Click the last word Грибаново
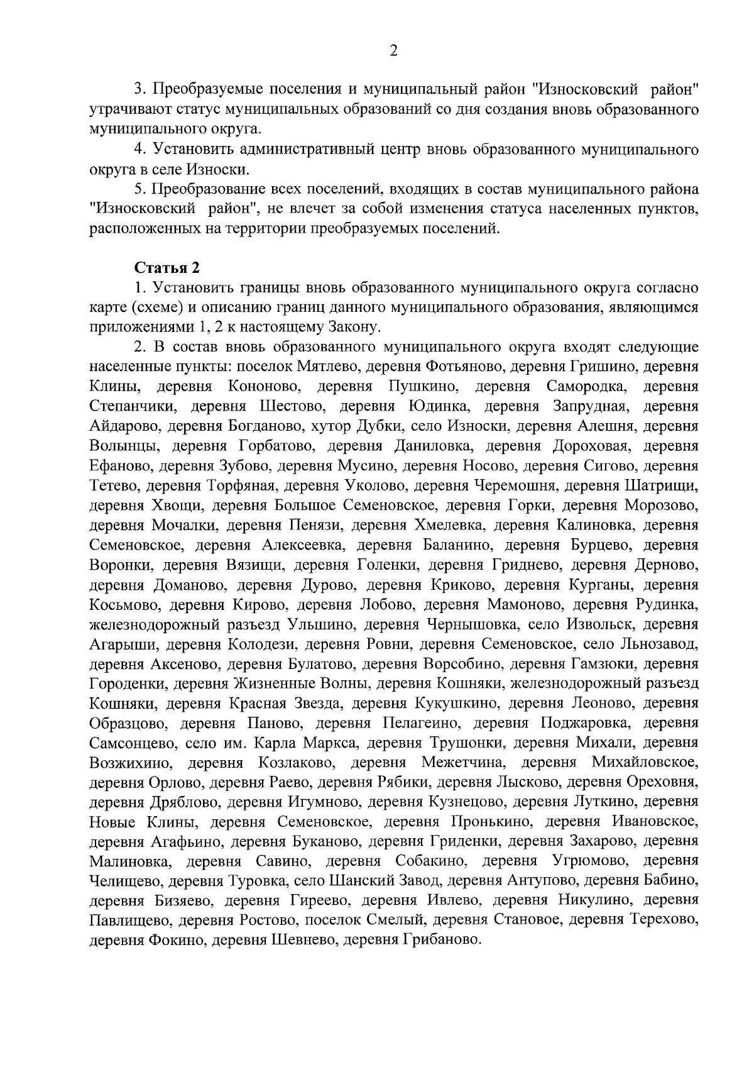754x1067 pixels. pyautogui.click(x=441, y=941)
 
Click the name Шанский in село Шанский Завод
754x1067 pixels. pyautogui.click(x=363, y=882)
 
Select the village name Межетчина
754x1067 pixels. pyautogui.click(x=464, y=763)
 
